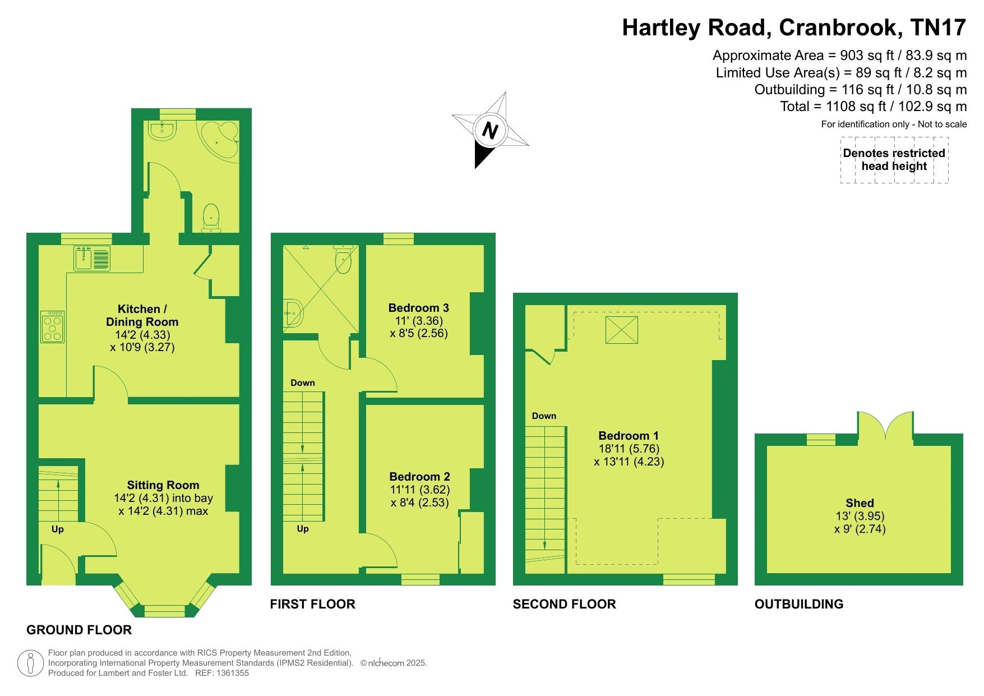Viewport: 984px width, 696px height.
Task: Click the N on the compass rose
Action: click(491, 131)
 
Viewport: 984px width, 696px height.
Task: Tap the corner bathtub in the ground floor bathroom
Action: click(221, 140)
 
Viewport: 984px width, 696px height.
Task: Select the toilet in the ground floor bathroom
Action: click(211, 218)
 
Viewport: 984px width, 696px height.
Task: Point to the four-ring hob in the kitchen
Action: click(53, 327)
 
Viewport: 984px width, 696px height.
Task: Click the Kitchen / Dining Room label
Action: click(142, 315)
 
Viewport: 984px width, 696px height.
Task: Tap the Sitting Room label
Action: click(163, 485)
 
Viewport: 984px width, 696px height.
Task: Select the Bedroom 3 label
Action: click(418, 307)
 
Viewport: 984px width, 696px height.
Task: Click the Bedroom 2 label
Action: click(419, 477)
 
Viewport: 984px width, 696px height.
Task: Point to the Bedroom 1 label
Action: click(629, 436)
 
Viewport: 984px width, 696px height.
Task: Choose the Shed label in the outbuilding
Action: click(860, 503)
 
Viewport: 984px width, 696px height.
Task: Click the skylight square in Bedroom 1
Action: click(622, 329)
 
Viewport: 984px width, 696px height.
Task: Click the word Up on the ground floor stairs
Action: click(57, 529)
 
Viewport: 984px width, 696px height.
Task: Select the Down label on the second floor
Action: click(544, 416)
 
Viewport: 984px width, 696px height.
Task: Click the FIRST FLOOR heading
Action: click(312, 604)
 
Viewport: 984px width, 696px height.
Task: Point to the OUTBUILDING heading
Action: click(798, 604)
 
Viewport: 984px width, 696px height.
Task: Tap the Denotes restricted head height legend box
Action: click(894, 160)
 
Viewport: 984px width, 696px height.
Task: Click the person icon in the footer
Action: click(31, 663)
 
